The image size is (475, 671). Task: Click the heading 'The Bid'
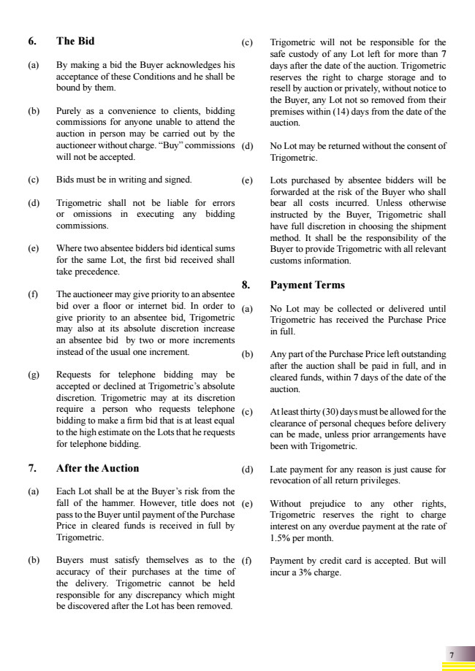pos(75,41)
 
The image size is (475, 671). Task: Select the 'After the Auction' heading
pos(97,468)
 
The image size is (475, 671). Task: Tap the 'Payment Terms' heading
pos(307,285)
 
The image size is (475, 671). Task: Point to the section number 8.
pos(245,285)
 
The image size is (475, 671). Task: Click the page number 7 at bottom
pos(452,654)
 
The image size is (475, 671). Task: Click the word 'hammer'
pos(98,504)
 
